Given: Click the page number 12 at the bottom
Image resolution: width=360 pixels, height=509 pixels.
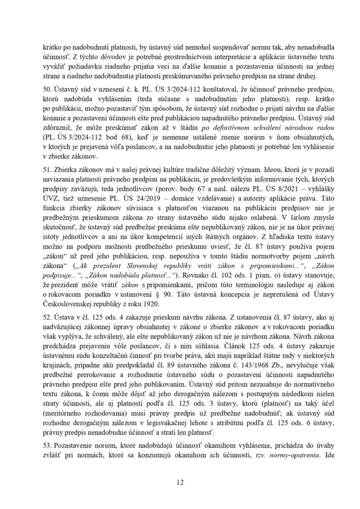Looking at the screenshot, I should point(180,481).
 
